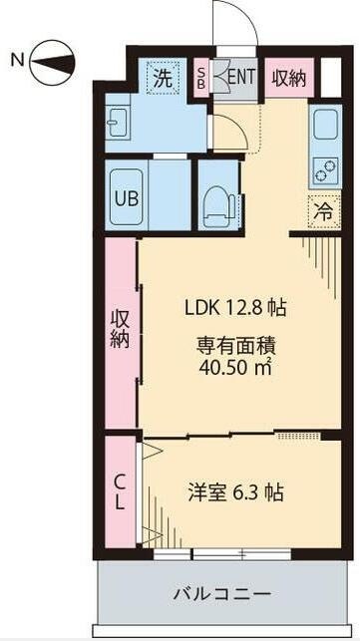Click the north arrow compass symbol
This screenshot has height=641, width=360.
(50, 66)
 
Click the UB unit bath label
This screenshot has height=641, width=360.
(127, 196)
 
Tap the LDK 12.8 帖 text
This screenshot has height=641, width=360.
(234, 308)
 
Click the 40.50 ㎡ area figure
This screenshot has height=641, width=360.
(234, 366)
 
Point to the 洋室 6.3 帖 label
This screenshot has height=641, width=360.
(236, 491)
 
